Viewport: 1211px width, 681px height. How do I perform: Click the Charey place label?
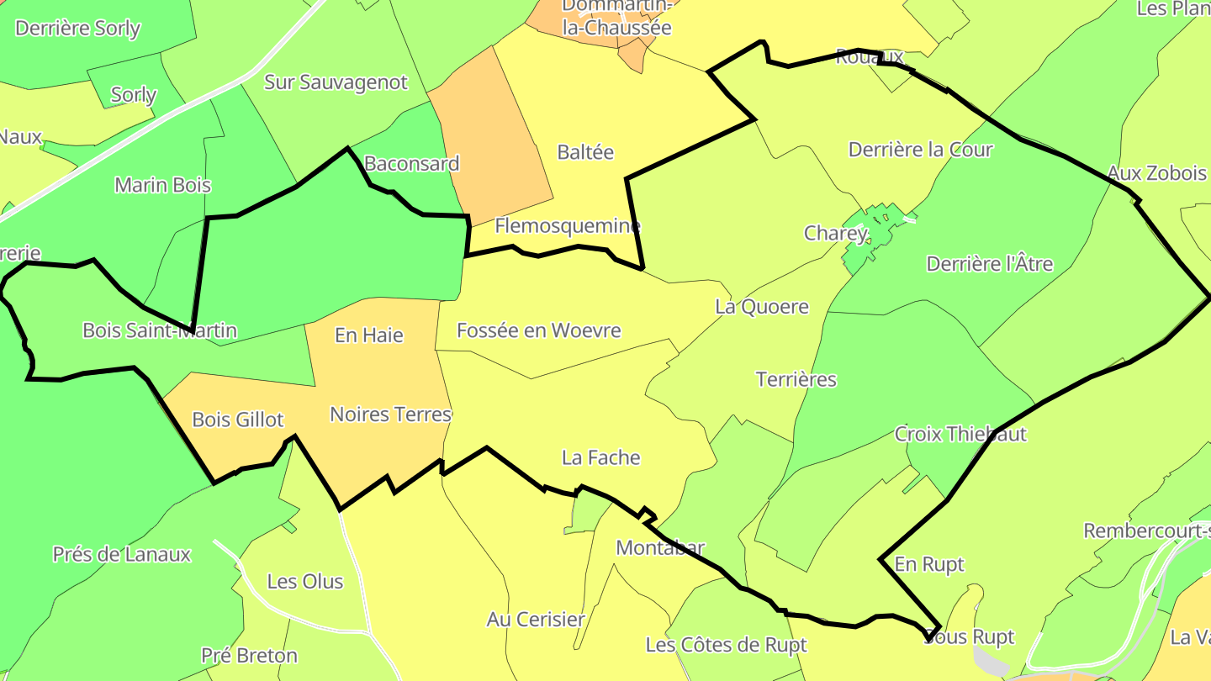834,233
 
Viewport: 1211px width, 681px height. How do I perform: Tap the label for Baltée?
585,152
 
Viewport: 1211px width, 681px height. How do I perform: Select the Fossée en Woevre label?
538,330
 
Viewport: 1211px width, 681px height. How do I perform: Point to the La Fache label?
600,457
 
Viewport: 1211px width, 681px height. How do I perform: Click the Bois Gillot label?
238,419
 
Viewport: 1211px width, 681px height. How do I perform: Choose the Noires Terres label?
390,414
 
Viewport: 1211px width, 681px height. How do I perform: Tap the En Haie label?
368,335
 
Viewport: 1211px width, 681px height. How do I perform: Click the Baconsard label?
411,163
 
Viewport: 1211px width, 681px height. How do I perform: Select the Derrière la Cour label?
920,150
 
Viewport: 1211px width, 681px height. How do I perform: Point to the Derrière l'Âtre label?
989,264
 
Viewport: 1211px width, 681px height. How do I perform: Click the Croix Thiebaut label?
960,434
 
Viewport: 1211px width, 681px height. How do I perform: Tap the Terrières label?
796,379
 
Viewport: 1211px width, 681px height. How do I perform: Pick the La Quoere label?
761,307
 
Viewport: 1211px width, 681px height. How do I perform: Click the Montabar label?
659,548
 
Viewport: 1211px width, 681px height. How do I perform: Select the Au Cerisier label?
536,620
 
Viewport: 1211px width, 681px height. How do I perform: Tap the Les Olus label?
304,581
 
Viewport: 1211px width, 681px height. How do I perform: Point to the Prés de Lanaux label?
121,554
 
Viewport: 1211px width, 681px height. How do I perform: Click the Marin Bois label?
162,185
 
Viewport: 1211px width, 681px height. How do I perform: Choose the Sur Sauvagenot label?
336,82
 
